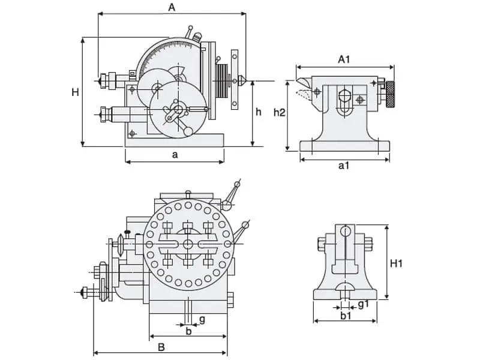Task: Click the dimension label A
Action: (172, 8)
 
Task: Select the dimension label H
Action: (75, 92)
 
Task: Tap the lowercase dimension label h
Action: (259, 112)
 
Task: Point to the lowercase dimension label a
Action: (175, 155)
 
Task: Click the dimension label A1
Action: (344, 59)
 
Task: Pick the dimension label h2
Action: (278, 112)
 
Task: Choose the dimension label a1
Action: (343, 166)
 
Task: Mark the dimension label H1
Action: (397, 263)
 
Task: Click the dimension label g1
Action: (363, 304)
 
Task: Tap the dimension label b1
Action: (346, 314)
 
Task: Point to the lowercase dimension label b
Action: (188, 330)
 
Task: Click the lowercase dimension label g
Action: (202, 319)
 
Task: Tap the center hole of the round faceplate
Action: (188, 244)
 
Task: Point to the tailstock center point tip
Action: (297, 81)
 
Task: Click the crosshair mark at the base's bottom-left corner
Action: (133, 133)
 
